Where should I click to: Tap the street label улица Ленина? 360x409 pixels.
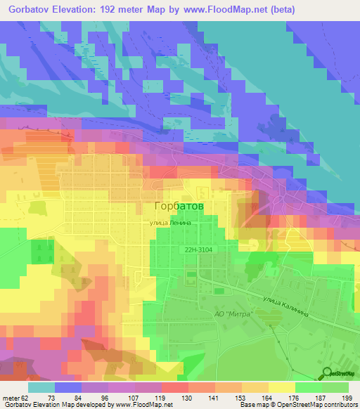coord(170,223)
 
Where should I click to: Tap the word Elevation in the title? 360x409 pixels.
coord(77,9)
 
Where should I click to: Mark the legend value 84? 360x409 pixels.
coord(86,397)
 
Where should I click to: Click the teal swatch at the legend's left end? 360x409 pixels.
coord(41,387)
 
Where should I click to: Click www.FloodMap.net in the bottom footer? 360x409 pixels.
coord(141,405)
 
